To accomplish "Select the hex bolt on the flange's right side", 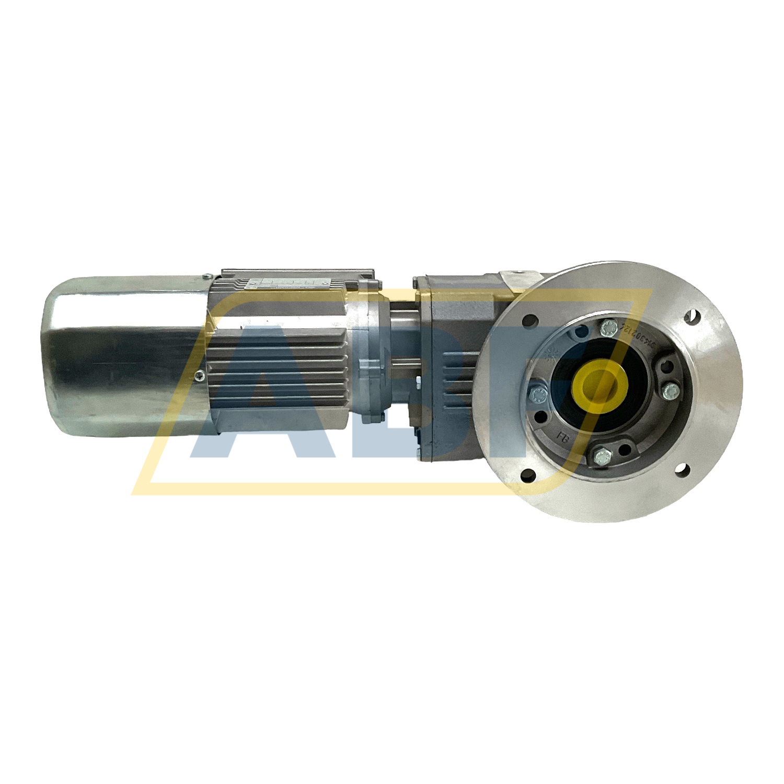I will tap(670, 390).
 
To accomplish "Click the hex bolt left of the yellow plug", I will tap(537, 395).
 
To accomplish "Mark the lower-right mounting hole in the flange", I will tap(682, 469).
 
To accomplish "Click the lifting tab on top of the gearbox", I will tap(517, 277).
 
